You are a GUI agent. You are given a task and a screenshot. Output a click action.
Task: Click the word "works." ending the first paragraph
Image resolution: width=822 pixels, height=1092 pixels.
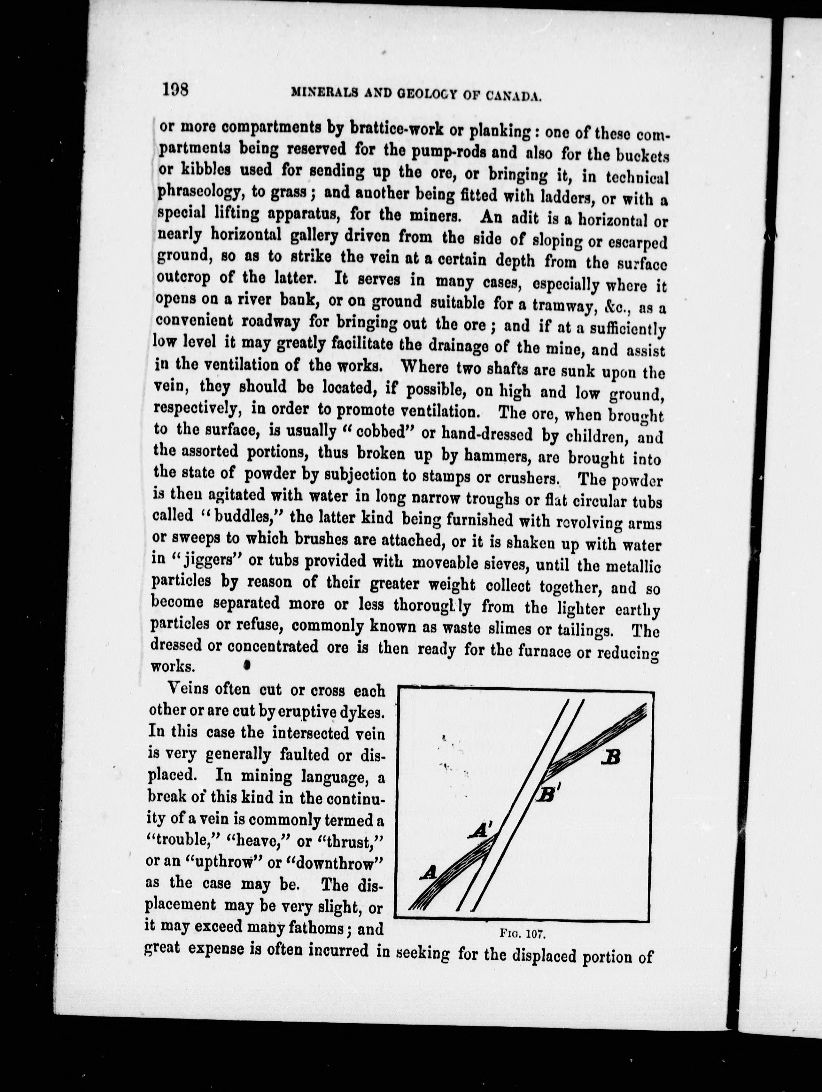click(172, 667)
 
